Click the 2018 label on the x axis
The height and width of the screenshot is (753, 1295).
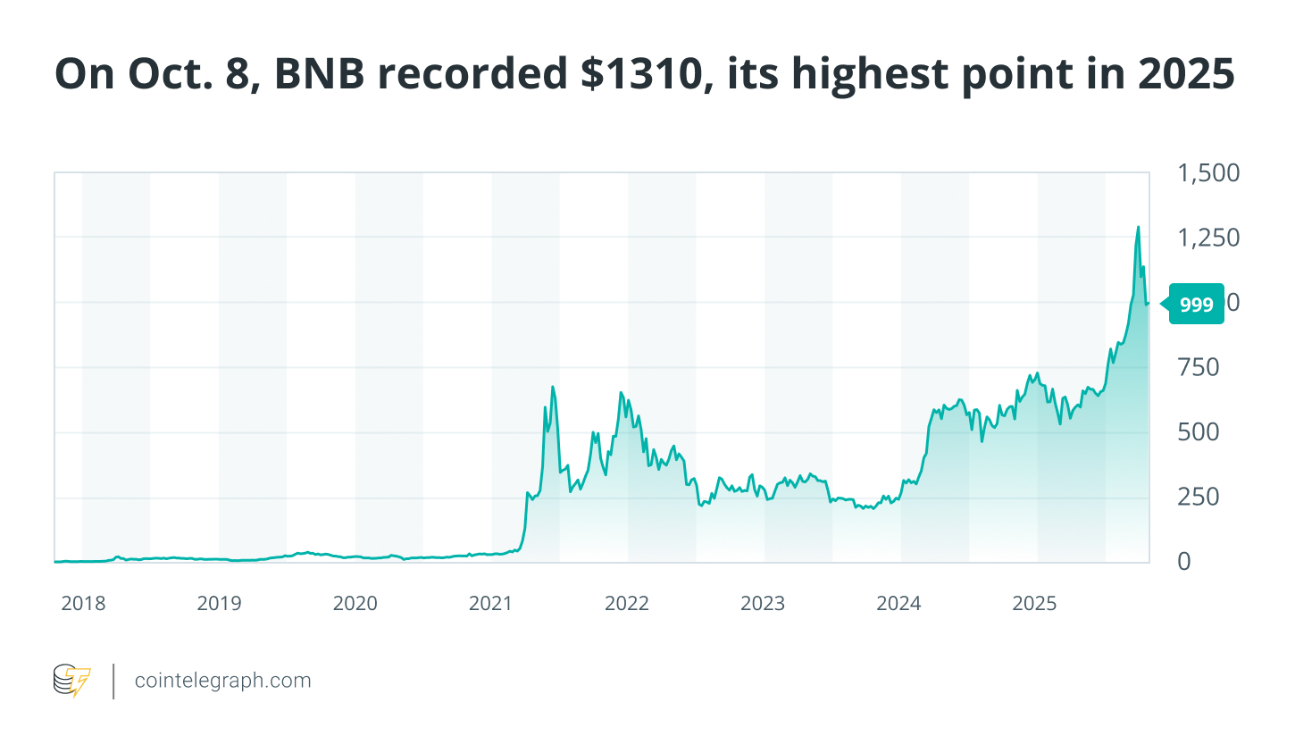83,604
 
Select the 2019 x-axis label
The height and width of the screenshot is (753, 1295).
219,604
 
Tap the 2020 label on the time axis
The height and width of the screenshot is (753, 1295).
355,604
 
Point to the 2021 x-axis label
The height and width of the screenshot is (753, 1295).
491,604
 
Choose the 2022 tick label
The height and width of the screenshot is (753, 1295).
627,604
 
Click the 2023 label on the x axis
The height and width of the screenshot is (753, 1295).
763,604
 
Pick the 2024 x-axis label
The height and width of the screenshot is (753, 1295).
898,604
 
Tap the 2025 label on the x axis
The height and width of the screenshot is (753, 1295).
1034,604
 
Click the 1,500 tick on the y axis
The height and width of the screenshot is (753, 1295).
1208,173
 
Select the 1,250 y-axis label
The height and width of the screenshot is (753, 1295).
1208,238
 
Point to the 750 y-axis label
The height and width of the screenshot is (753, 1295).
1198,367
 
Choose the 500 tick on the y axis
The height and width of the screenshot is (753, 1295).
1198,432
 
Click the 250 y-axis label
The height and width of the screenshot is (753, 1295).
1198,497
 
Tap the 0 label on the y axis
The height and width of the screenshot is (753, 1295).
1184,562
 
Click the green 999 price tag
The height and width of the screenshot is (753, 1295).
1195,305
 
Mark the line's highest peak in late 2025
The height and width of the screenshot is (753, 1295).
1138,228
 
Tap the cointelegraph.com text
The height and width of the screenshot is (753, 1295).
223,681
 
